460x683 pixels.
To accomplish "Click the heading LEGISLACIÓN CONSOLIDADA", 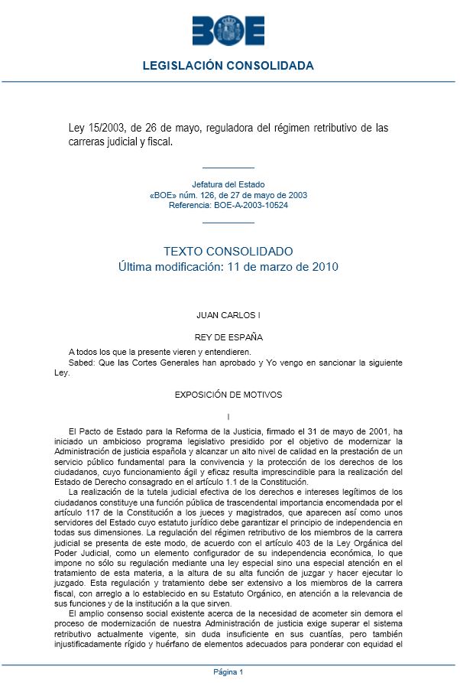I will [x=228, y=66].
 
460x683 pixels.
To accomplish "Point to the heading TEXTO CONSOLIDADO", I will [x=228, y=251].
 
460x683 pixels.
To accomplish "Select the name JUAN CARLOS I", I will [x=228, y=314].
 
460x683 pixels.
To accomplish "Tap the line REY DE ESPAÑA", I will [x=228, y=337].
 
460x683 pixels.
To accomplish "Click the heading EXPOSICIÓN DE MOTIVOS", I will [x=228, y=395].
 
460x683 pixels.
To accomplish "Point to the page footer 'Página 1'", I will [x=228, y=672].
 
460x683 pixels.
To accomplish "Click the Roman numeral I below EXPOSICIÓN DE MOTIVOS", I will [x=228, y=416].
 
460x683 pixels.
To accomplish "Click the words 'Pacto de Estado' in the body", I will [x=111, y=431].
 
